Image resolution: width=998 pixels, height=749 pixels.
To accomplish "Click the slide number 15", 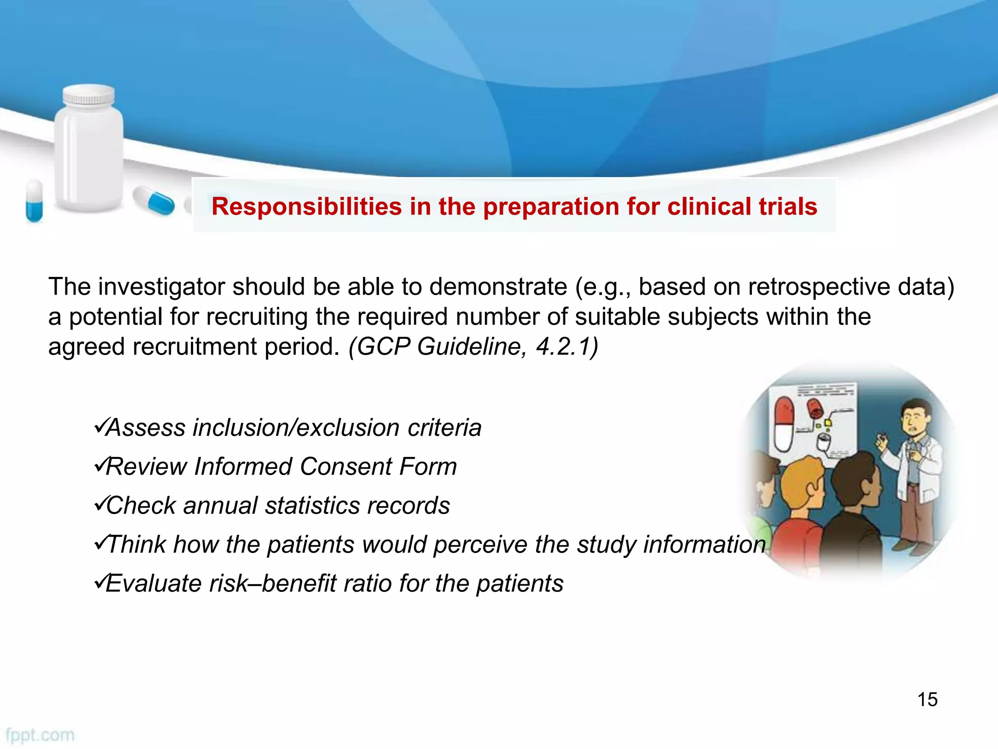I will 927,699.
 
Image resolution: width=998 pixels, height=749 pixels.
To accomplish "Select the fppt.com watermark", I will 40,735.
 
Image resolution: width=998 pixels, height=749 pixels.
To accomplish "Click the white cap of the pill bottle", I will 89,95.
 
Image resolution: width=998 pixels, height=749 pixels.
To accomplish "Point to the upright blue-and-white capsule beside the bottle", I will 34,201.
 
